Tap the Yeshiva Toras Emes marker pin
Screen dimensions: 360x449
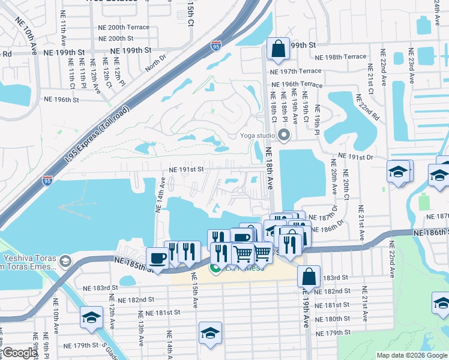pyautogui.click(x=64, y=262)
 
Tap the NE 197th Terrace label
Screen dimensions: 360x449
pyautogui.click(x=296, y=71)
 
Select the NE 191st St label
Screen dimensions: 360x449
pyautogui.click(x=187, y=170)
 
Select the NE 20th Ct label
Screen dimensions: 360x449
pyautogui.click(x=346, y=184)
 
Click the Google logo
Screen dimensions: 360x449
pyautogui.click(x=20, y=352)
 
